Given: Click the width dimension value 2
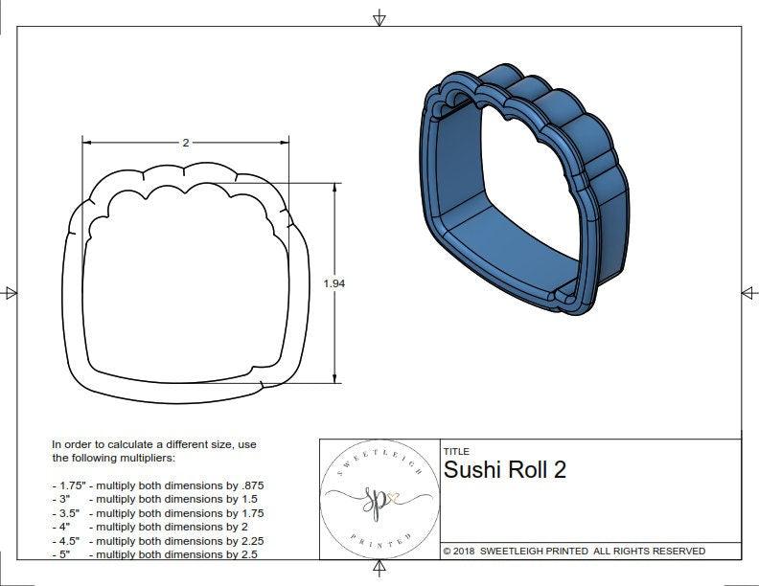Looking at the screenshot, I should (185, 143).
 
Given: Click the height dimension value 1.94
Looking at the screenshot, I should (334, 283).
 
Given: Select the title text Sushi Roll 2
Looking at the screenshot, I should (504, 469).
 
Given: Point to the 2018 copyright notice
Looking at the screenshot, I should (574, 551).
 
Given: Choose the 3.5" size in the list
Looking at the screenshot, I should (68, 513).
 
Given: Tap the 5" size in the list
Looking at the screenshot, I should (64, 554).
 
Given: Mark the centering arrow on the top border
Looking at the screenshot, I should (379, 18).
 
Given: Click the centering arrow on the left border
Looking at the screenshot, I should (11, 292).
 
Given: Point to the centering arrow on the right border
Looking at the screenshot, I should (747, 292).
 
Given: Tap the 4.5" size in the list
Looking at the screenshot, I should (68, 541).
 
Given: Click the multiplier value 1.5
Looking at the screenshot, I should (236, 499).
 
